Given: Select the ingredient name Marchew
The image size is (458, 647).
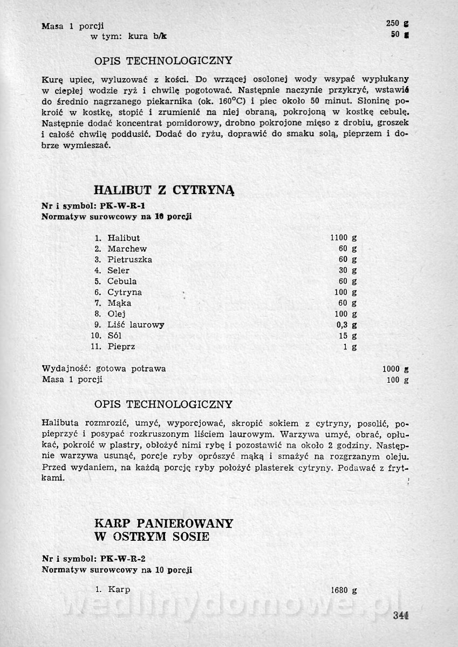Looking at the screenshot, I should click(x=127, y=249).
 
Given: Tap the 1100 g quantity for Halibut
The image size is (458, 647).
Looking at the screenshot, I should click(x=343, y=238).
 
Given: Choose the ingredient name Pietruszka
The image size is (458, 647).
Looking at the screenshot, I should click(x=129, y=259).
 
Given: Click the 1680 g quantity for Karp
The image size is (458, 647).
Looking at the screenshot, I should click(x=343, y=590).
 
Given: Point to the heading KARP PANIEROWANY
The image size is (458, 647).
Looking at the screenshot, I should click(x=163, y=523).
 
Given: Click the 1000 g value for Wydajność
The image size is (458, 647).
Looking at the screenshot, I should click(x=395, y=369).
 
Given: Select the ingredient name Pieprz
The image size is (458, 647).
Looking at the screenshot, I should click(x=121, y=347).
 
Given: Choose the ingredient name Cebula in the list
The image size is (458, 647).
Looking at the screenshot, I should click(x=122, y=281).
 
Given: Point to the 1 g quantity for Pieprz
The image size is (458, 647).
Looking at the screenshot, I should click(x=350, y=347).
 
